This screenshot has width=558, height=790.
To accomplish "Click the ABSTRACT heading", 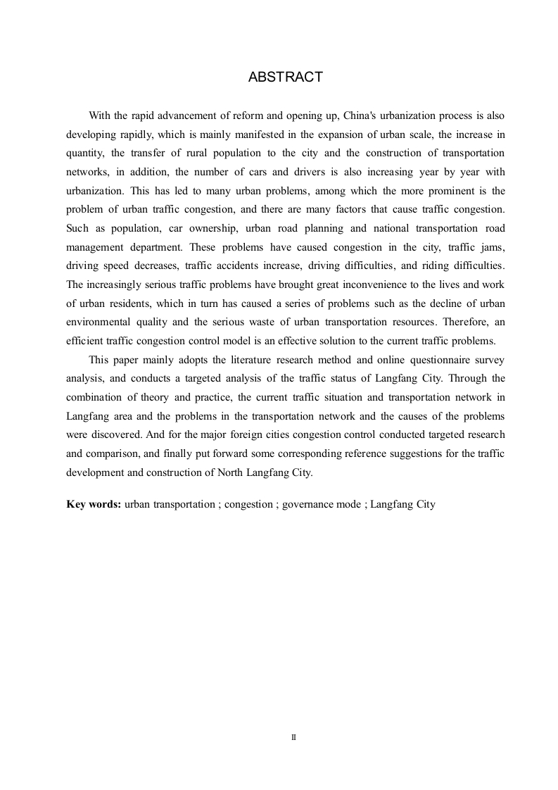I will pyautogui.click(x=285, y=77).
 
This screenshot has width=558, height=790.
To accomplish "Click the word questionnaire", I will pyautogui.click(x=429, y=359).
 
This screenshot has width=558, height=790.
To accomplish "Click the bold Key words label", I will pyautogui.click(x=94, y=504).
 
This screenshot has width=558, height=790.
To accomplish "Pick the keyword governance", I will pyautogui.click(x=307, y=504).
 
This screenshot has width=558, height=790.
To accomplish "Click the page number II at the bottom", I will pyautogui.click(x=294, y=737).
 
